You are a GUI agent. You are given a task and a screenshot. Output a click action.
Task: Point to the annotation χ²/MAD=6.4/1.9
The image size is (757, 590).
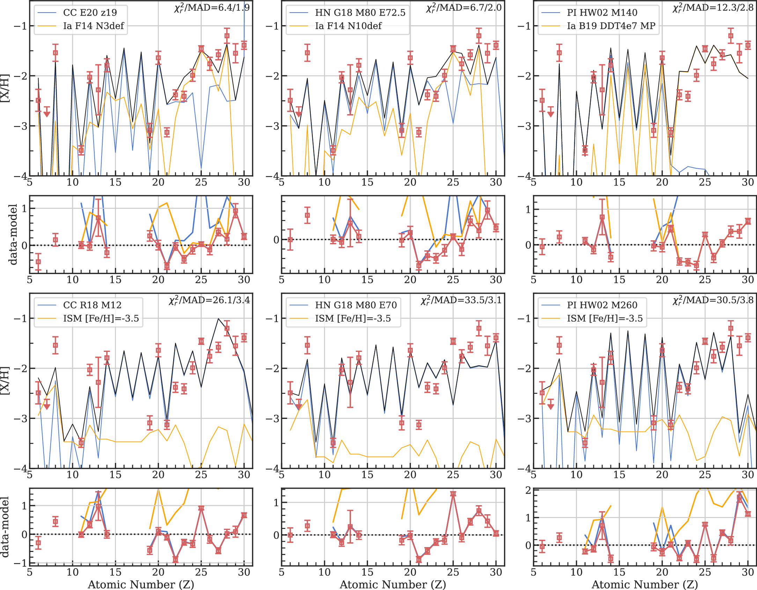212,8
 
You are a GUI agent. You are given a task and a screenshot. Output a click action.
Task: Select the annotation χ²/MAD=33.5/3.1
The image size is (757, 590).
461,300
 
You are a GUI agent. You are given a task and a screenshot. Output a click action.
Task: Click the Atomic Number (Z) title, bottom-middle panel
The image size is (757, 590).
393,584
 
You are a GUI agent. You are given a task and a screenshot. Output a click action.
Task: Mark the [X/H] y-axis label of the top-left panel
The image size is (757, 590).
5,88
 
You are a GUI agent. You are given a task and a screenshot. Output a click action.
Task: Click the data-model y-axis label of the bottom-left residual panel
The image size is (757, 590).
5,527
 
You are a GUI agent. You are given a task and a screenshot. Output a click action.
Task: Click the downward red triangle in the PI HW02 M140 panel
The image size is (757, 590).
551,114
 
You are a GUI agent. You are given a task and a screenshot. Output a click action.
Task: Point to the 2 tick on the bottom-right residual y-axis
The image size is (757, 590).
528,490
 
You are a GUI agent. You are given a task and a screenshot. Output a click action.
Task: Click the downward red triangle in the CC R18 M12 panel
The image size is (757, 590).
47,407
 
